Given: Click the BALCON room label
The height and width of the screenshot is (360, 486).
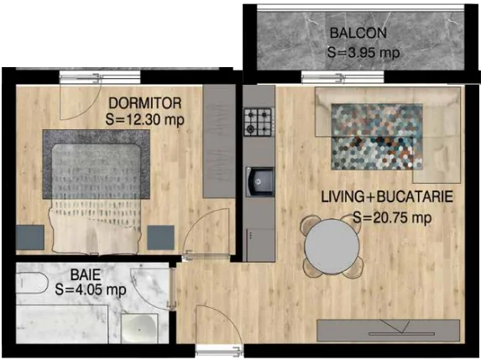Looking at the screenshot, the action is pyautogui.click(x=358, y=34).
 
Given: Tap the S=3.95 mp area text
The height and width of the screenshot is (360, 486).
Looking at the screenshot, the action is pyautogui.click(x=363, y=52).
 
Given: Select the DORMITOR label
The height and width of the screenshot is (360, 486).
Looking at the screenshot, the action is pyautogui.click(x=144, y=103).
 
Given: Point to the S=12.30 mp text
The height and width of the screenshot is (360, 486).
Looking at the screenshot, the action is pyautogui.click(x=144, y=119).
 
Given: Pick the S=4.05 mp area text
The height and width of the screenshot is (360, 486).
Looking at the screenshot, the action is pyautogui.click(x=91, y=290).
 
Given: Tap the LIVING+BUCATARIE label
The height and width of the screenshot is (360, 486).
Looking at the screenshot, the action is pyautogui.click(x=387, y=197).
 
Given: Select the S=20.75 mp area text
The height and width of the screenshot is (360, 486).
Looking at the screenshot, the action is pyautogui.click(x=392, y=217).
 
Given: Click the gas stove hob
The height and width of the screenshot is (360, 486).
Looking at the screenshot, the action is pyautogui.click(x=258, y=122).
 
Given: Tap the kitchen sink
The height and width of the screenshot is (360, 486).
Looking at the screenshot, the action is pyautogui.click(x=260, y=182).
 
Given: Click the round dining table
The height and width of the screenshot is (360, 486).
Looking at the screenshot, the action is pyautogui.click(x=332, y=246).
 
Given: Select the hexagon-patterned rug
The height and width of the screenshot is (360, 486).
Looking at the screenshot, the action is pyautogui.click(x=377, y=137).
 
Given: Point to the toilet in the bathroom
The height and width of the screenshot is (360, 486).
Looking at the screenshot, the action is pyautogui.click(x=32, y=283).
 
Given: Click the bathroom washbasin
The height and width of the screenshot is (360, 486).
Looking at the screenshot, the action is pyautogui.click(x=139, y=328).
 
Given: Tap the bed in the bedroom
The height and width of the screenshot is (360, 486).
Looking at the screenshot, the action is pyautogui.click(x=96, y=191).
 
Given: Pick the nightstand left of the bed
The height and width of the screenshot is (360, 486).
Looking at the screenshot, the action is pyautogui.click(x=30, y=237).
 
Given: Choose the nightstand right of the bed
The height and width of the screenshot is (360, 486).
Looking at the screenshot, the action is pyautogui.click(x=160, y=237).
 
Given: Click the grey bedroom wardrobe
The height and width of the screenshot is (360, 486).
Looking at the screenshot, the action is pyautogui.click(x=219, y=141).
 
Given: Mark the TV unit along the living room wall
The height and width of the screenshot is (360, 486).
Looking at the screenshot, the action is pyautogui.click(x=388, y=331).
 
